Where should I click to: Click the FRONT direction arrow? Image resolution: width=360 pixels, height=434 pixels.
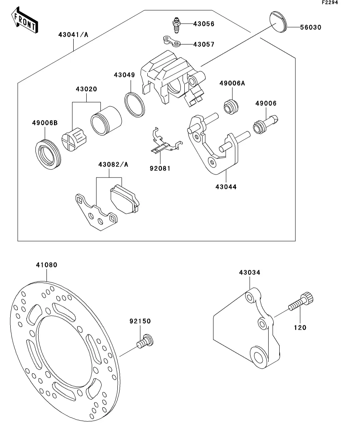coord(25,20)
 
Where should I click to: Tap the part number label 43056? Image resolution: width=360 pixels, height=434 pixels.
coord(204,24)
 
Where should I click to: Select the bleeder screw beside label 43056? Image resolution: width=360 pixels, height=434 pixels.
coord(176,25)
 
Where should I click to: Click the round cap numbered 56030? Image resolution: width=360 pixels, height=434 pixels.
coord(278,22)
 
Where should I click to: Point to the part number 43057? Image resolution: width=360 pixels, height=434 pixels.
coord(204,44)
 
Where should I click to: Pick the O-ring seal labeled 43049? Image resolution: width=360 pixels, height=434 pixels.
coord(135,104)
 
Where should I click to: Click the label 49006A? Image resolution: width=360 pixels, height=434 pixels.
coord(232,83)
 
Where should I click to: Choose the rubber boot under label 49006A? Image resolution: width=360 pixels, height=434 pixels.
coord(231,106)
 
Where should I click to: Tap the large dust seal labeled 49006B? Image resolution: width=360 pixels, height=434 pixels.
coord(48,155)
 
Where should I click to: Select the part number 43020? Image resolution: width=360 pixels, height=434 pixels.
coord(87,89)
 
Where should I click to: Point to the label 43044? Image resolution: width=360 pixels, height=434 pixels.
coord(226,187)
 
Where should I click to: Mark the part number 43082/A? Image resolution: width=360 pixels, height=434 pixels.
coord(113,164)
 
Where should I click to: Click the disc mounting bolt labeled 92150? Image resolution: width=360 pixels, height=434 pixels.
coord(145,341)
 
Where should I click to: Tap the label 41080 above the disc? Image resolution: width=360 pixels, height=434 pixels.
coord(46,265)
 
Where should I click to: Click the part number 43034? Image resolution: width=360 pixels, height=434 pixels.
coord(250,272)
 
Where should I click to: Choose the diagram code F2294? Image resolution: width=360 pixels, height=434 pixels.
coord(330,2)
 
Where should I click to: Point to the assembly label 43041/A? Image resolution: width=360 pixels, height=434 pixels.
coord(73,35)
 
